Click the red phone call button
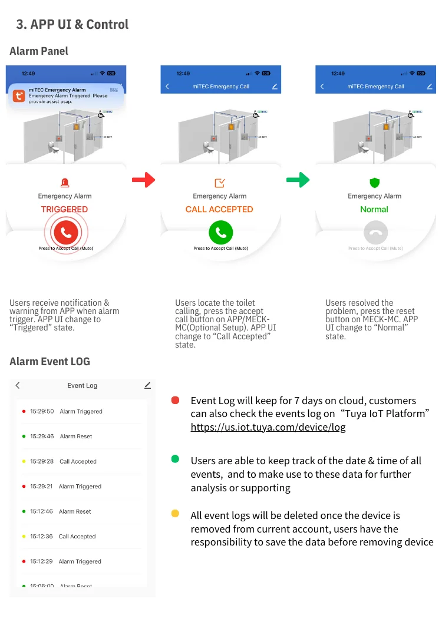point(65,233)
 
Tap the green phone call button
point(220,233)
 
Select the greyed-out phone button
point(375,233)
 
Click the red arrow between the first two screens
point(143,180)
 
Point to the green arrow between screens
point(298,180)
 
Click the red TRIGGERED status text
point(64,209)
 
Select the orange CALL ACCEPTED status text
point(219,209)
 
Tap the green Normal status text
point(374,209)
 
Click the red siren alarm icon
point(65,183)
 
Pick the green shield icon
point(374,183)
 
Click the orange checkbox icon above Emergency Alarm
point(220,183)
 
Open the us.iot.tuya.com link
point(268,427)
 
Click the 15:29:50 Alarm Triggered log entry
point(81,411)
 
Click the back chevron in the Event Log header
point(18,385)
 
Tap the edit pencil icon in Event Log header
point(147,385)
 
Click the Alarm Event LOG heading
point(50,361)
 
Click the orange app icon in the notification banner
point(18,96)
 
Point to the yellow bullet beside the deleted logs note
point(175,514)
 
